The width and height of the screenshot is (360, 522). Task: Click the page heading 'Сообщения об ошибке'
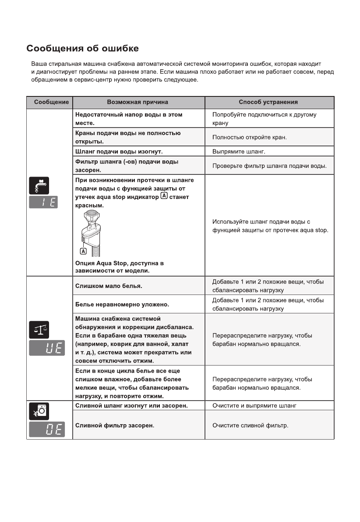83,48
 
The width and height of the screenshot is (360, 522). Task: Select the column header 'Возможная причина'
138,102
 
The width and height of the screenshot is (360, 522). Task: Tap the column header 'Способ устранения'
268,102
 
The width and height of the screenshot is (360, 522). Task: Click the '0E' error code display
46,430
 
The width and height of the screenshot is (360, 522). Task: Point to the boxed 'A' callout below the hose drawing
83,252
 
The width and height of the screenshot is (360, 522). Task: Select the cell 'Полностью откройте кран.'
249,138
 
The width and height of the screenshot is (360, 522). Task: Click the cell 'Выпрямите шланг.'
239,152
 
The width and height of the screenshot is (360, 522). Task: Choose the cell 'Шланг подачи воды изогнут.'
119,152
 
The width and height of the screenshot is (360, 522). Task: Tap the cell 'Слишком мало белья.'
109,286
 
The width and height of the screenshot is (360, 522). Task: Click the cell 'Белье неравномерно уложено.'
122,304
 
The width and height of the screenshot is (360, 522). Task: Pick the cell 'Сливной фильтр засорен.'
115,425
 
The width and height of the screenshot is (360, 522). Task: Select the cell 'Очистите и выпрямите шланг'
254,406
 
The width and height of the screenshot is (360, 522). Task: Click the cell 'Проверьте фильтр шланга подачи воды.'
269,166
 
